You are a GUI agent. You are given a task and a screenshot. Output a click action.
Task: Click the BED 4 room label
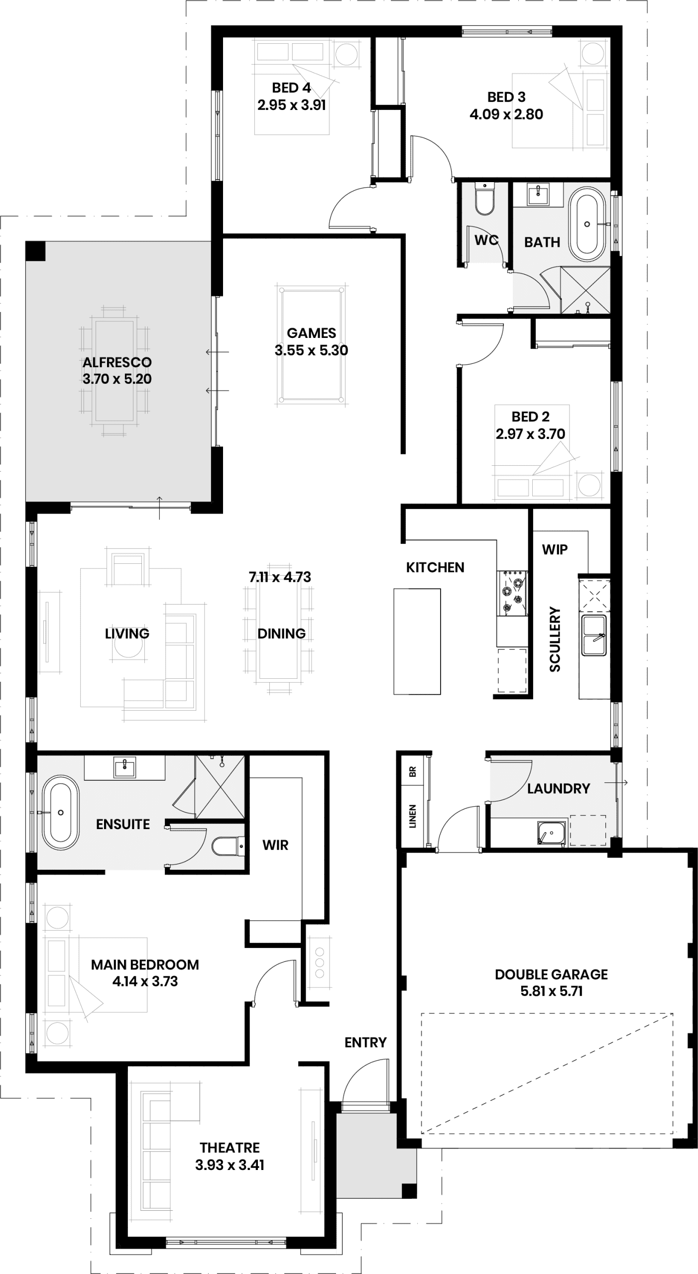[291, 88]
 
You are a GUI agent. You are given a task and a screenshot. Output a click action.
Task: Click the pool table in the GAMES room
[312, 344]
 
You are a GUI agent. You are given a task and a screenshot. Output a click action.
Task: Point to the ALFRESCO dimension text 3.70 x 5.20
[117, 379]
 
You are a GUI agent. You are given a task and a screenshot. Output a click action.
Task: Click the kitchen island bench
[417, 641]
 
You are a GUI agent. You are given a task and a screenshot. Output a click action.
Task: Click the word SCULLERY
[555, 639]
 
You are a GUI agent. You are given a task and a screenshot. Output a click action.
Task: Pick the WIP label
[555, 549]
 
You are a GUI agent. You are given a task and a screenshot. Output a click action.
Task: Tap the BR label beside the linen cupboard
[412, 772]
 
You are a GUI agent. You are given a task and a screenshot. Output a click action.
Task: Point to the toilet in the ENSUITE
[228, 846]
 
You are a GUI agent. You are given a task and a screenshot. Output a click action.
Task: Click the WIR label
[275, 845]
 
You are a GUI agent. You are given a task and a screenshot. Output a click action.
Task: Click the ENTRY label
[365, 1042]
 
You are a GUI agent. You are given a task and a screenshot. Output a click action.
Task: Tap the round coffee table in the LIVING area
[128, 644]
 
